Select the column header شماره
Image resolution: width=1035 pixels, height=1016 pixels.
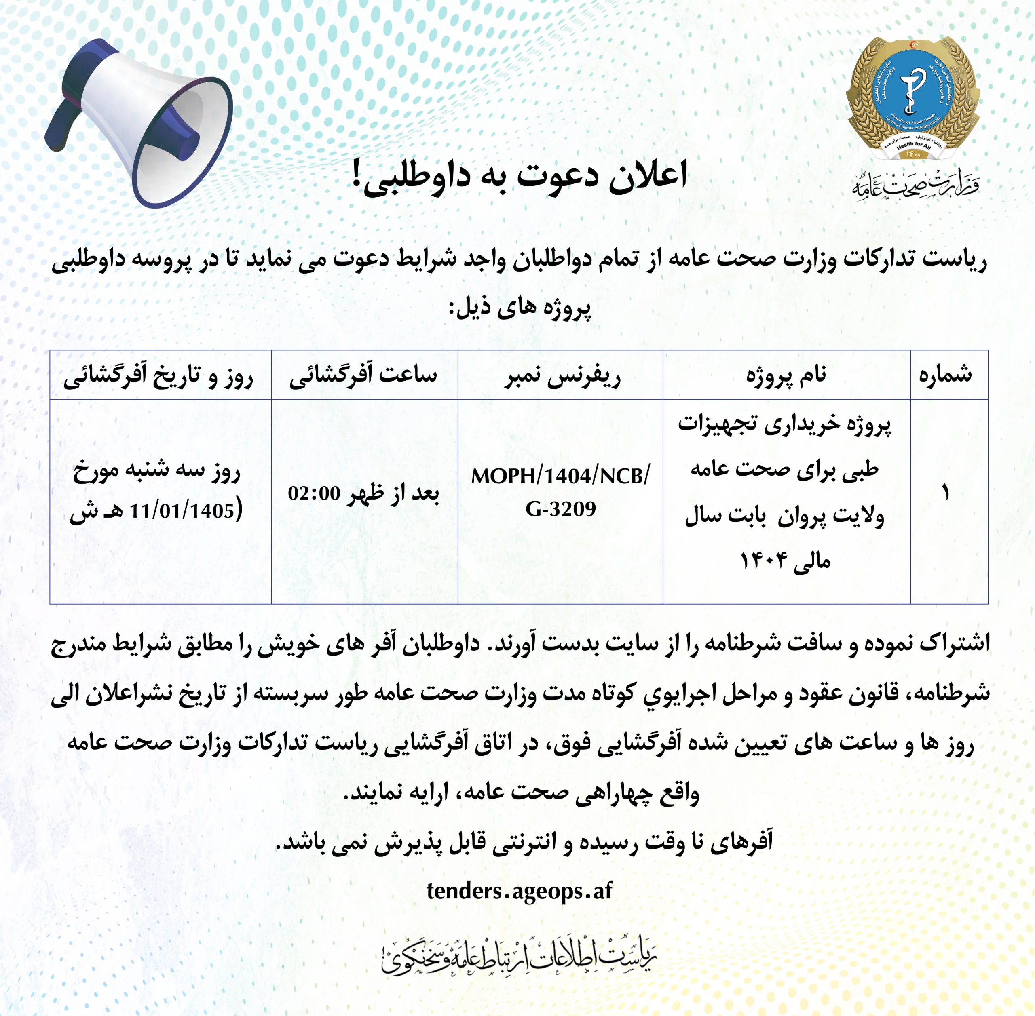(x=945, y=375)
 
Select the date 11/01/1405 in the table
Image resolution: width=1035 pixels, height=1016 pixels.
(x=182, y=511)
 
